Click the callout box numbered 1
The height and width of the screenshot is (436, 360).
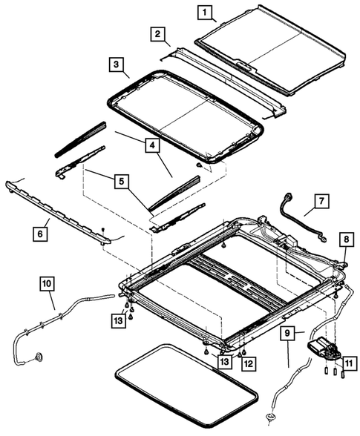coord(205,12)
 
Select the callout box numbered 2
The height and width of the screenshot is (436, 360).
coord(157,34)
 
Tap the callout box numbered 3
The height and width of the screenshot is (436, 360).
coord(116,65)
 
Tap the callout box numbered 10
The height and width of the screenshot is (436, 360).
coord(46,283)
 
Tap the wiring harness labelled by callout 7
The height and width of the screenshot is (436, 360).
coord(301,220)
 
